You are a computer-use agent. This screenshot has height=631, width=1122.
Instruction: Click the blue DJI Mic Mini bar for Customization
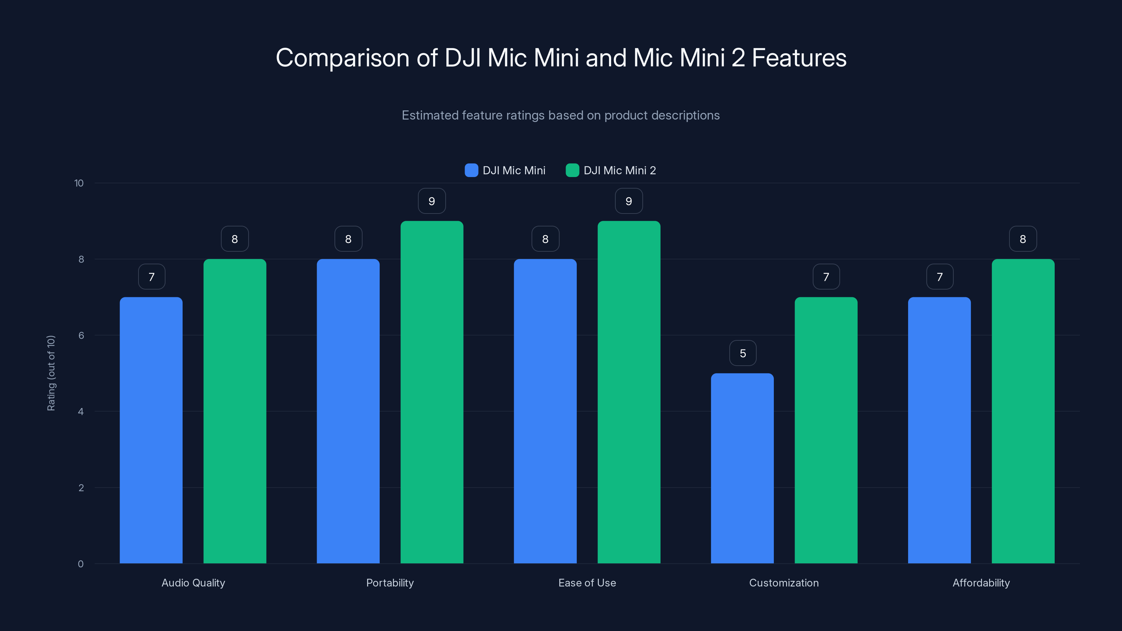[742, 468]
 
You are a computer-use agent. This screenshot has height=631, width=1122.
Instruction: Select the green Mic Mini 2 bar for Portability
[432, 392]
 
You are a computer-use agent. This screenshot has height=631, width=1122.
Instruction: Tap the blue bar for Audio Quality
[151, 430]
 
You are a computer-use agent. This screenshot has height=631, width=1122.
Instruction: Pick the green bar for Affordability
[1023, 411]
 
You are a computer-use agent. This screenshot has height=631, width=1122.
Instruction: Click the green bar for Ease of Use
[629, 392]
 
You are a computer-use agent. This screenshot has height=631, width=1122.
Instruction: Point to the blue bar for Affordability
[939, 430]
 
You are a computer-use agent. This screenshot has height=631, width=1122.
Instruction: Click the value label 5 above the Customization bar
[743, 353]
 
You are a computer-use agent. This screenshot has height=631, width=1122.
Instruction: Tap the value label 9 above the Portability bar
[432, 201]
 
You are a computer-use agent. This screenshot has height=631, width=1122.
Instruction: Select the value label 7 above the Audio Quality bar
[151, 277]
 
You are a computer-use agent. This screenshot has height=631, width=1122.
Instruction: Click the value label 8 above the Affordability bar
[1023, 239]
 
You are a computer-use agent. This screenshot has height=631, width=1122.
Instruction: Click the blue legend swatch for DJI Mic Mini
[471, 170]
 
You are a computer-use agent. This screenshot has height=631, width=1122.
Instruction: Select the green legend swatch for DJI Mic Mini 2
[572, 170]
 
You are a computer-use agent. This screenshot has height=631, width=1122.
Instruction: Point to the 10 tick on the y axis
[79, 183]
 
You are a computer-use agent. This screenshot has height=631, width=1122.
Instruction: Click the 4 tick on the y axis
[81, 412]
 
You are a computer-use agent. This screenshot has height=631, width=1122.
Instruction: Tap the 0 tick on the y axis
[81, 564]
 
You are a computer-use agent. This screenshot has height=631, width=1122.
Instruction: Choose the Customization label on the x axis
[784, 583]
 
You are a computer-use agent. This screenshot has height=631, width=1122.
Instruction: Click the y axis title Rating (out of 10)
[51, 373]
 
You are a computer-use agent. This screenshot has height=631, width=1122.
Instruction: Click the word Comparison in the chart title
[342, 58]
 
